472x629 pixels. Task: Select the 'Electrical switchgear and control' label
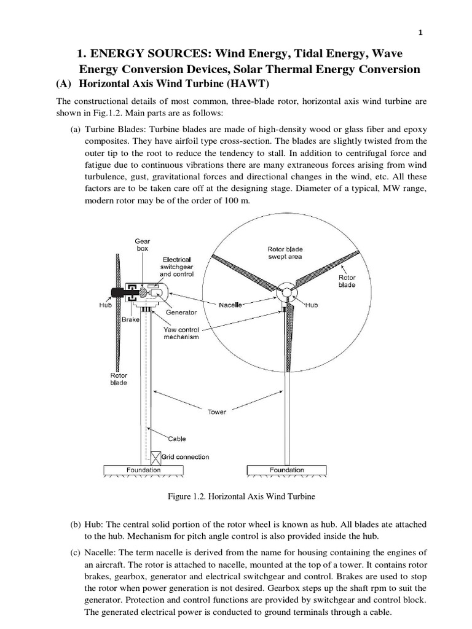[176, 267]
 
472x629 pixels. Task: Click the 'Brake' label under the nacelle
[131, 320]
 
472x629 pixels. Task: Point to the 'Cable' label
[177, 439]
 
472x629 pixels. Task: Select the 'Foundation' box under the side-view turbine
[144, 470]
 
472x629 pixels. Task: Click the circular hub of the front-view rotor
[285, 293]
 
